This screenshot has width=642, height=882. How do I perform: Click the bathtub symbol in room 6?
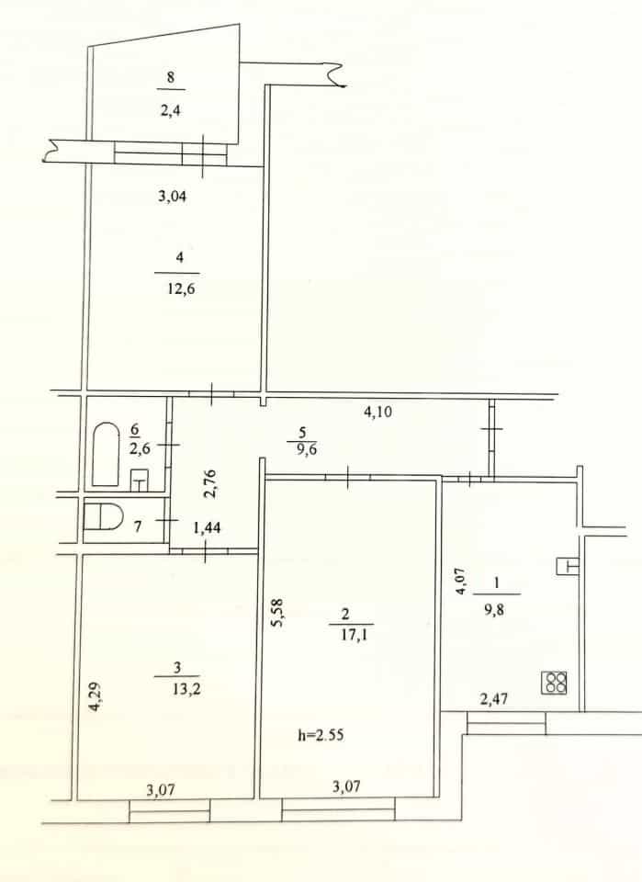coord(106,455)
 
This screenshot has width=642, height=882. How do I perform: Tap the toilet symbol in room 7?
coord(103,517)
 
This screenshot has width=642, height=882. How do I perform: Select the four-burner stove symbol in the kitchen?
coord(555,683)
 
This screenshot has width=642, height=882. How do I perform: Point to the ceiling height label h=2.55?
coord(321,735)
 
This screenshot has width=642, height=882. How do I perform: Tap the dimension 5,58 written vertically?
coord(279,613)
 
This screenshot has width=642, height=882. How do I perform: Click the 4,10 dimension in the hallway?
coord(378,412)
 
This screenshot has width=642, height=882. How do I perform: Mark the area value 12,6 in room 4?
coord(180,289)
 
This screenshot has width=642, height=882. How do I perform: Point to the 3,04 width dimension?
coord(172,197)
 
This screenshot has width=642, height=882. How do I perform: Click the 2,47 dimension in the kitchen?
coord(494,698)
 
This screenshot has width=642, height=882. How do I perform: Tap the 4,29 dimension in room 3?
coord(96,697)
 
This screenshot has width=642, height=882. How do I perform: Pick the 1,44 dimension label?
coord(207,527)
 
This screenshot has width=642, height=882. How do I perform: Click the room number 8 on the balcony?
coord(170,77)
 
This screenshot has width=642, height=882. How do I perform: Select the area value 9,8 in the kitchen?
coord(494,609)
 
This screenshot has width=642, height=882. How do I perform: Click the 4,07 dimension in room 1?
coord(461,581)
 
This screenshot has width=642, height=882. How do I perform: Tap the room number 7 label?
coord(138,526)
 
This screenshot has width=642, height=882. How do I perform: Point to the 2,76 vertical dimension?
coord(209,484)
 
